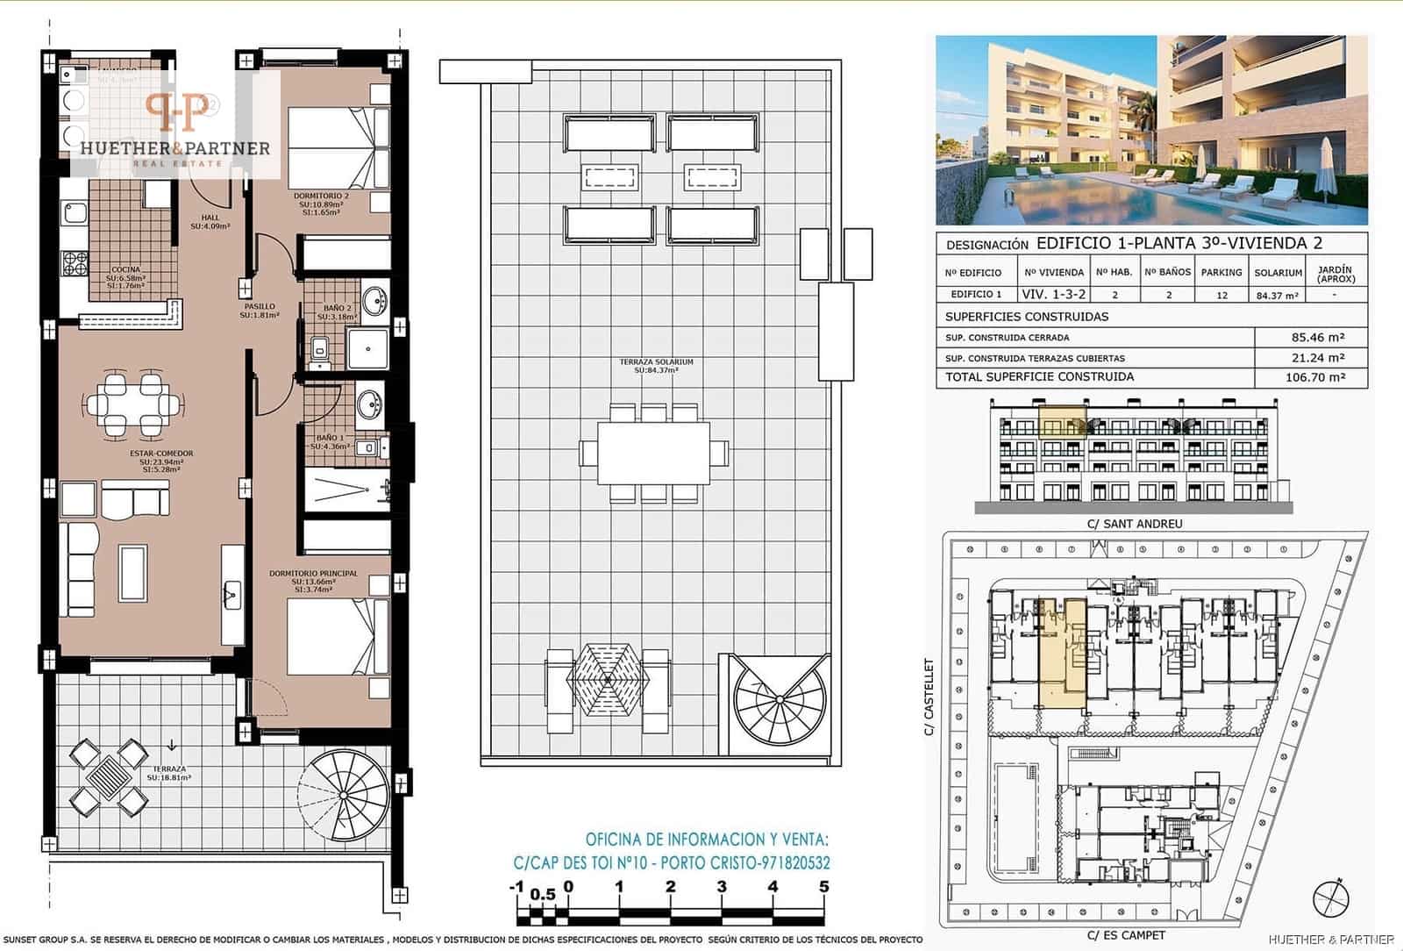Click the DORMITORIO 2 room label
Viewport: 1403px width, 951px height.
[x=321, y=197]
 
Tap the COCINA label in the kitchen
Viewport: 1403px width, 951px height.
[x=125, y=270]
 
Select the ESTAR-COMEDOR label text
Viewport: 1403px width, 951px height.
[x=161, y=454]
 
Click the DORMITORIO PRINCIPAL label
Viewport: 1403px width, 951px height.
[x=313, y=574]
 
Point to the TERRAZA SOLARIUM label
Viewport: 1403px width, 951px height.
[x=656, y=362]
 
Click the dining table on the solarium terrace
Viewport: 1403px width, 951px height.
[x=653, y=453]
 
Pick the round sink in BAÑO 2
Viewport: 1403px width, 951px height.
[x=375, y=301]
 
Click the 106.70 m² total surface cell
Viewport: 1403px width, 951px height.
[x=1312, y=377]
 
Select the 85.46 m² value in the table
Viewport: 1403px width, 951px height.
[x=1312, y=337]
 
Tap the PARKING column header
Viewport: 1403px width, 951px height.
[x=1221, y=273]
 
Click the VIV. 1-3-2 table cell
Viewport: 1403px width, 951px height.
[x=1053, y=295]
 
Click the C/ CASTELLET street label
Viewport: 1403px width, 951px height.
[x=929, y=697]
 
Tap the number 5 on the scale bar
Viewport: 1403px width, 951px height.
[x=823, y=887]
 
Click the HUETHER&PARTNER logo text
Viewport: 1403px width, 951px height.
[x=175, y=148]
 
